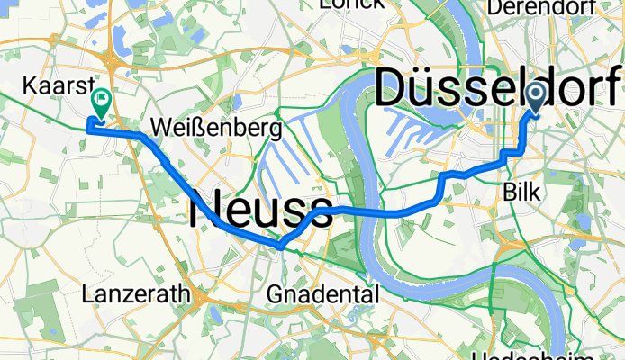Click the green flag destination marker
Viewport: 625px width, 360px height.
99,104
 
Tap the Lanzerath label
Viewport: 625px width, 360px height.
134,293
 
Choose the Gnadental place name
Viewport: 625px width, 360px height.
323,293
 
